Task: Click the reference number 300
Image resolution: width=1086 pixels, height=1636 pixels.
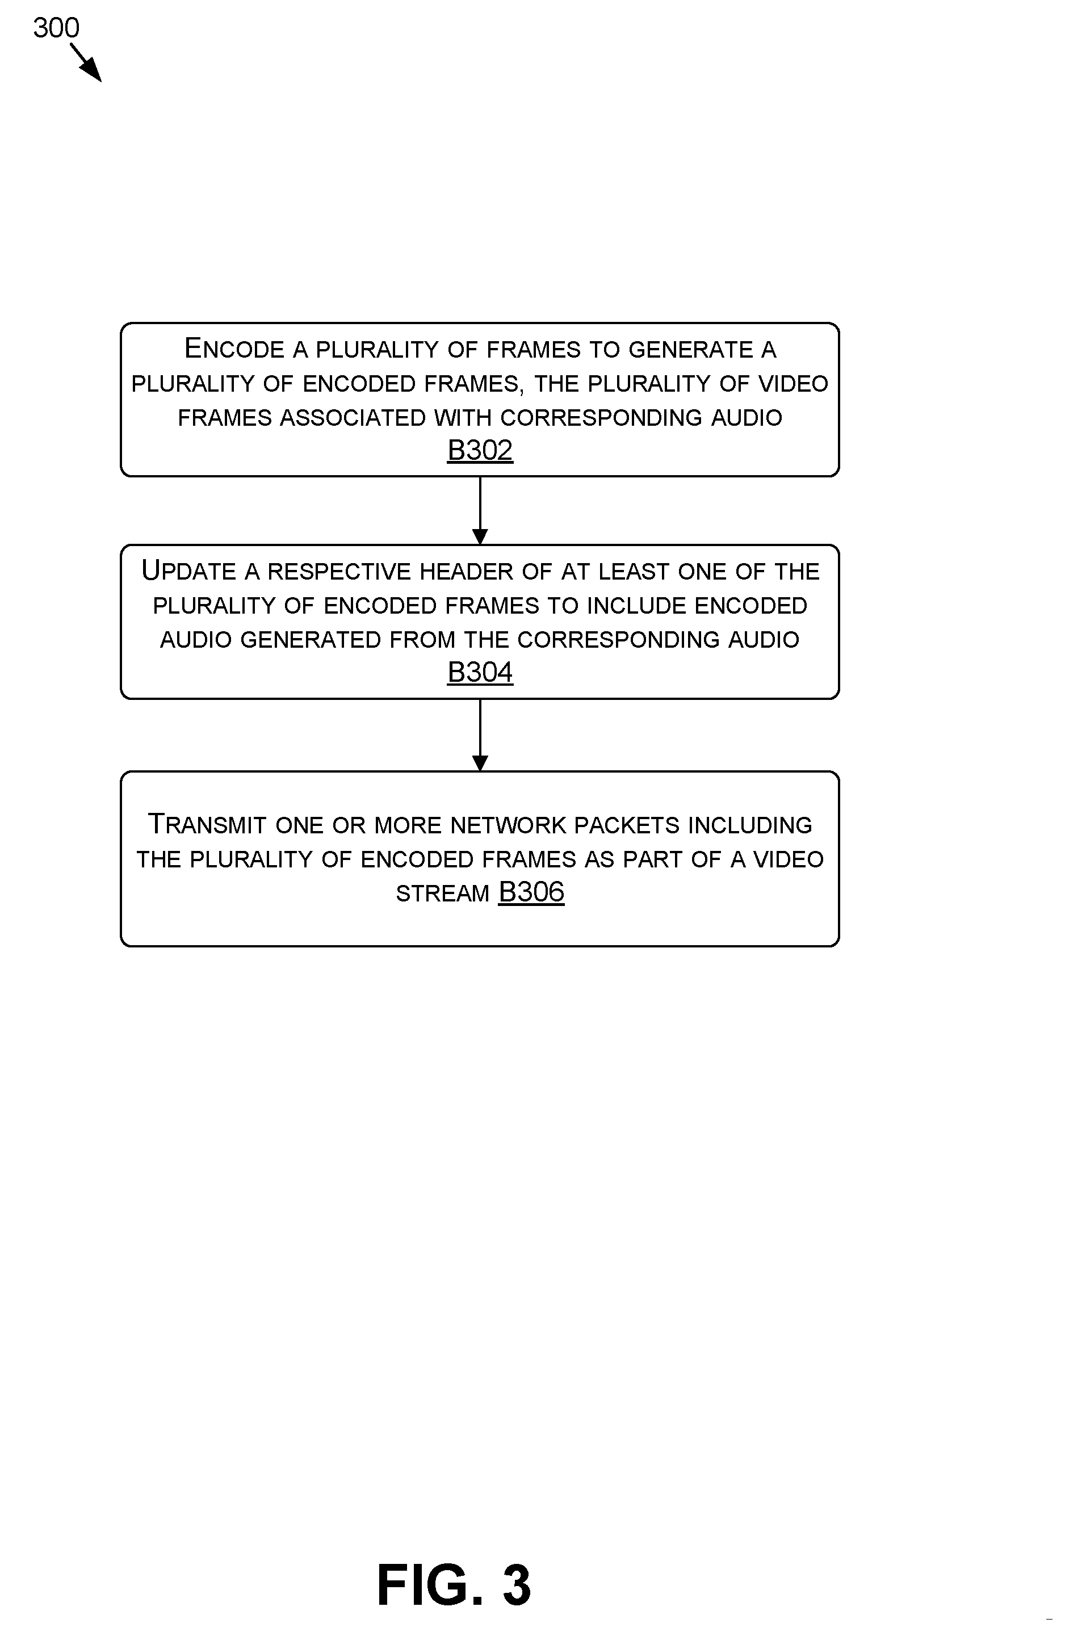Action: [56, 28]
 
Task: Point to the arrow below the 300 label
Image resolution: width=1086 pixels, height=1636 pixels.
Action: [86, 62]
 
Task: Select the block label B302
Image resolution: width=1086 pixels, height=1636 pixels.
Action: [480, 450]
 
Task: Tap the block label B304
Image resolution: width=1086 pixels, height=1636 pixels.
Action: [480, 672]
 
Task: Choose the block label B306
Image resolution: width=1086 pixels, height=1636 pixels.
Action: [531, 892]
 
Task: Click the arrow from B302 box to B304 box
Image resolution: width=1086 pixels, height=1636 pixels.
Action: [480, 511]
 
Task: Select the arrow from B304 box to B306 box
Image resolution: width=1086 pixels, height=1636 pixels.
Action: [480, 736]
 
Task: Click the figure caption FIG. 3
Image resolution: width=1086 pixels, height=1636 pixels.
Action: [454, 1585]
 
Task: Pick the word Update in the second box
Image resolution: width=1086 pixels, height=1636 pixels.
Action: [189, 570]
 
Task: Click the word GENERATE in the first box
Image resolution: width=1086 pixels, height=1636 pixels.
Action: [690, 350]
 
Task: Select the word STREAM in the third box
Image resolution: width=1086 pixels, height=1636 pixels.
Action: [443, 893]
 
